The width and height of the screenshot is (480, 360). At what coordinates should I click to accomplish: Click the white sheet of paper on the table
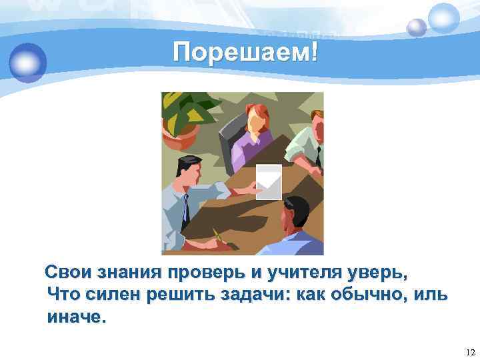269,181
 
